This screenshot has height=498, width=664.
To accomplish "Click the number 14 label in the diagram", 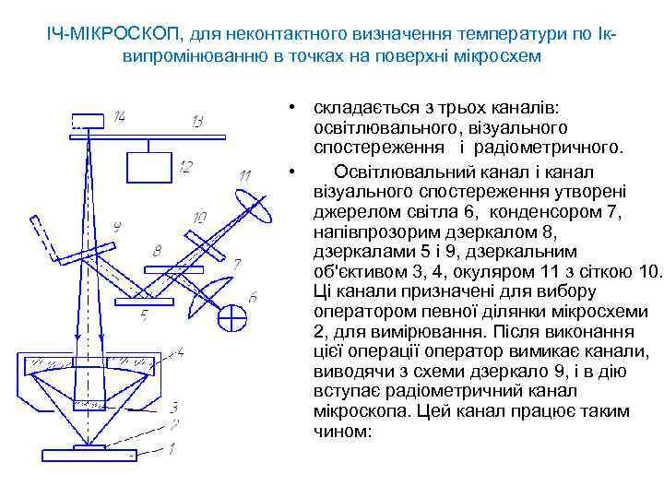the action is point(120,117).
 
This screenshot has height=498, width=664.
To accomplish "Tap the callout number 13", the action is point(198,122).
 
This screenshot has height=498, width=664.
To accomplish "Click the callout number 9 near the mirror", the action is point(116,227).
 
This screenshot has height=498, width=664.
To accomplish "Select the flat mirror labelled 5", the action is point(143,301).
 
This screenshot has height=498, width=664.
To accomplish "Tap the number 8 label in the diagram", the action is point(157,251).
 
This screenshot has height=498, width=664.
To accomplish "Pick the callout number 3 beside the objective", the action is point(173,407).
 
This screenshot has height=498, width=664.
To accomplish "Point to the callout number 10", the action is point(201,218).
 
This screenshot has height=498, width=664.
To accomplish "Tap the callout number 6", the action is point(253,296).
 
